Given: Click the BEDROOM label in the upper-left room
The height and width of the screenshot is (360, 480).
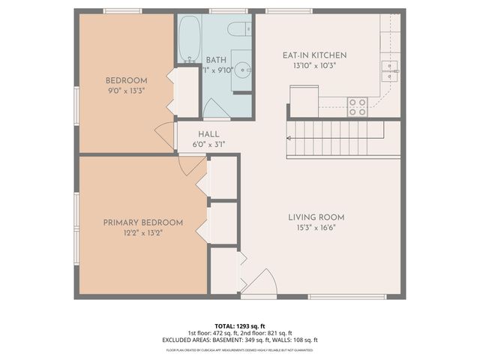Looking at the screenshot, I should (x=126, y=80).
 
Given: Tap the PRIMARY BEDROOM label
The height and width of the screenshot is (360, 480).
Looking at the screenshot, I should (x=142, y=223).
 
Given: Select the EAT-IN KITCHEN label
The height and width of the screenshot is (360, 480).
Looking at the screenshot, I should (x=314, y=55).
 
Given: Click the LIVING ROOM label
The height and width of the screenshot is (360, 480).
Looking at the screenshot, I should (x=316, y=217).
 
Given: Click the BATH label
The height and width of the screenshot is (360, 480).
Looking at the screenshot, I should (x=216, y=60).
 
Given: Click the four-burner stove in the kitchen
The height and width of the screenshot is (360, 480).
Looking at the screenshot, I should (x=357, y=107).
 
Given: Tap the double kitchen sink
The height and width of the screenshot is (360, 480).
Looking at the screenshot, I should (x=390, y=70).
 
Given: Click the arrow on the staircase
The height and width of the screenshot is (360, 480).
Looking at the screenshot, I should (x=291, y=139).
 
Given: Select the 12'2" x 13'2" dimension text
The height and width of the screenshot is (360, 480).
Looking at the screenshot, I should (x=142, y=233).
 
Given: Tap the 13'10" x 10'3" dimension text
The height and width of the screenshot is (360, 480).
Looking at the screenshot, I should (x=314, y=66).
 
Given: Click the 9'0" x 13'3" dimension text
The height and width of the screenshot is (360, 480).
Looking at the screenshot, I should (x=126, y=91).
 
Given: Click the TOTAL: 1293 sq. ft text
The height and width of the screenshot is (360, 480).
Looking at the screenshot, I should (x=240, y=326).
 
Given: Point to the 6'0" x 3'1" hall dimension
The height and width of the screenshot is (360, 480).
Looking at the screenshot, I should (x=208, y=144).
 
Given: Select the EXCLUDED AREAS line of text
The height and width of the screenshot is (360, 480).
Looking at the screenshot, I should (x=240, y=340).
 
